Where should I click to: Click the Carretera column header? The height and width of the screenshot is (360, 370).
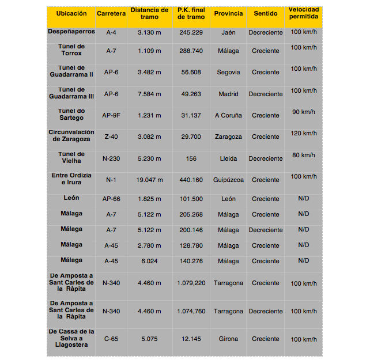[112, 13]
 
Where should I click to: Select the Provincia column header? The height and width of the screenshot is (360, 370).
[228, 13]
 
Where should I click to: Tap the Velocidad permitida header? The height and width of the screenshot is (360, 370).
[303, 13]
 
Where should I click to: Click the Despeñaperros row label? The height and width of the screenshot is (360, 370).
[71, 32]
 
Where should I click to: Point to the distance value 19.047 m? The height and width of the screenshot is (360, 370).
[149, 180]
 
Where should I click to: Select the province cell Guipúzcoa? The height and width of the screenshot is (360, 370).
[228, 180]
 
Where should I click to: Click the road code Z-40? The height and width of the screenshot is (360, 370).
[112, 137]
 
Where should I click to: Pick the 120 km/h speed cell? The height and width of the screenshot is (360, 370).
[304, 133]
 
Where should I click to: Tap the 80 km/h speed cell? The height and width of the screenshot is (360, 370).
[304, 155]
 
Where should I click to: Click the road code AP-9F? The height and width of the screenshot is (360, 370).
[112, 115]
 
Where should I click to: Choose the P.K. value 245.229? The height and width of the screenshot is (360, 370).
[191, 33]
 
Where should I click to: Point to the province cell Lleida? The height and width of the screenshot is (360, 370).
[228, 158]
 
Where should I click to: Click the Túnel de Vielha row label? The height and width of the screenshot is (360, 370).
[71, 158]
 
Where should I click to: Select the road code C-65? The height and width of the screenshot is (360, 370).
[112, 339]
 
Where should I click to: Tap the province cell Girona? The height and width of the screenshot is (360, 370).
[228, 339]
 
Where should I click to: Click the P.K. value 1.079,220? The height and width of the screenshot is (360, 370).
[191, 283]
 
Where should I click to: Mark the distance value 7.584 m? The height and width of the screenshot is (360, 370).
[149, 94]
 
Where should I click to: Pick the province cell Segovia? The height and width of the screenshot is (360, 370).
[228, 73]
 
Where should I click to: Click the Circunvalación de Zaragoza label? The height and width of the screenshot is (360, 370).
[71, 136]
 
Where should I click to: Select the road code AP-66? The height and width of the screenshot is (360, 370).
[112, 199]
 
